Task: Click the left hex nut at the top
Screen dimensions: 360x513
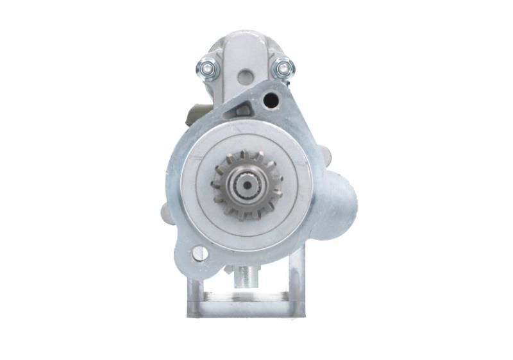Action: click(x=207, y=66)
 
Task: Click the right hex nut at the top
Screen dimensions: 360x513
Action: click(x=283, y=67)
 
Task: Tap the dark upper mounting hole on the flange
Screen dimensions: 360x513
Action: click(x=271, y=100)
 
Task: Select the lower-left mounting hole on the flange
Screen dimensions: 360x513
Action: click(x=199, y=253)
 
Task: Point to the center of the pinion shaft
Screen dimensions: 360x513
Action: click(x=246, y=185)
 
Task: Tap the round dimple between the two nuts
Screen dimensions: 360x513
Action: click(x=244, y=78)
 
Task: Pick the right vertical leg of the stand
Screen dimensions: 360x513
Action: click(x=297, y=282)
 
